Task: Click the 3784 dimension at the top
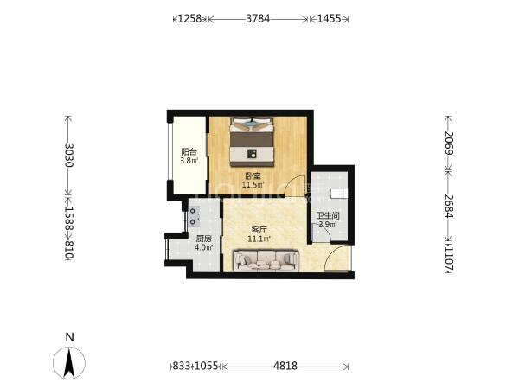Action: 258,18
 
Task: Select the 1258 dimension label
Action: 190,18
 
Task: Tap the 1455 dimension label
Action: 329,18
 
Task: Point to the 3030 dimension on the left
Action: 69,155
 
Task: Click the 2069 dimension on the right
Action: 449,143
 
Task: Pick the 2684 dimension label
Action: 449,206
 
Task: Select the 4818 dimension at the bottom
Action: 285,366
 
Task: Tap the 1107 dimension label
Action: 449,258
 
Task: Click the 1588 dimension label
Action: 69,219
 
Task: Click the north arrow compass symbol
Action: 69,363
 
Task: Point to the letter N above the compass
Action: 69,337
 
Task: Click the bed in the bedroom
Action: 253,142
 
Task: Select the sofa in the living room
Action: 266,260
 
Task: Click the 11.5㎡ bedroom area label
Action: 253,185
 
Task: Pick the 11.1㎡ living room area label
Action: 259,239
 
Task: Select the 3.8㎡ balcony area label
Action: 189,161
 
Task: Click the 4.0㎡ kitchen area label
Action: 203,247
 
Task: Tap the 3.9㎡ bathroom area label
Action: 328,225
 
